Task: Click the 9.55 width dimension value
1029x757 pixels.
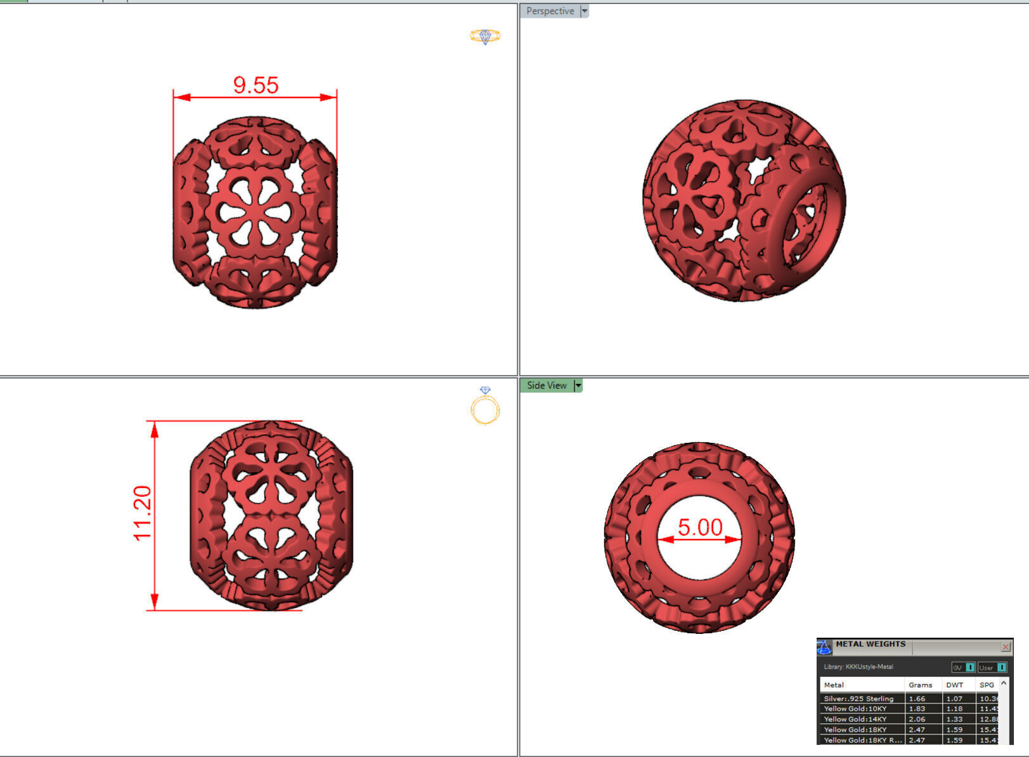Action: (256, 85)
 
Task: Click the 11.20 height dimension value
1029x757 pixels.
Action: (143, 513)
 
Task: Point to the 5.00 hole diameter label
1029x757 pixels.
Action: (700, 527)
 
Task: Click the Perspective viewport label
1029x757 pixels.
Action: (550, 11)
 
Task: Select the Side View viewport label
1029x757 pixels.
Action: (547, 385)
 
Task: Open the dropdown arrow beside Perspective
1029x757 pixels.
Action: (585, 11)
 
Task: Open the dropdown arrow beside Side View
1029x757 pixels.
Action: (578, 385)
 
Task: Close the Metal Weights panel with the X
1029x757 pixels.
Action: (1006, 647)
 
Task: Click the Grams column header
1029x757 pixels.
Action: (920, 685)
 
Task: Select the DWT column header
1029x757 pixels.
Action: (954, 685)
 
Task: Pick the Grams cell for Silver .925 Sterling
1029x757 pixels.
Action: (917, 699)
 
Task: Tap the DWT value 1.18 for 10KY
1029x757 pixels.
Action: (954, 709)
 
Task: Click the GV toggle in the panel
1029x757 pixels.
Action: (963, 667)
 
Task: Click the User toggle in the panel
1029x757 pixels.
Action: (992, 667)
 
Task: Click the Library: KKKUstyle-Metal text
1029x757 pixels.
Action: (858, 667)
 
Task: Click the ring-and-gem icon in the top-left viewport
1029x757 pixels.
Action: (485, 36)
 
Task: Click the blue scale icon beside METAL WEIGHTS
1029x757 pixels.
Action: (824, 647)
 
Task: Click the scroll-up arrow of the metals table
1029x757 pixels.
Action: (1004, 683)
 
